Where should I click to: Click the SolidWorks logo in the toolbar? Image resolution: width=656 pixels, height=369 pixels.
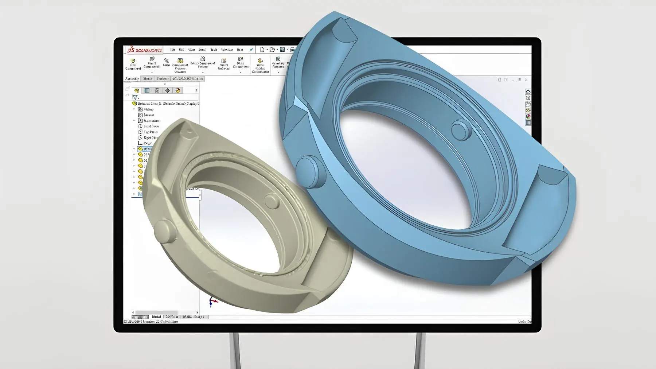(x=145, y=50)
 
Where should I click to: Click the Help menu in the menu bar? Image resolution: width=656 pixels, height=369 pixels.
(x=239, y=50)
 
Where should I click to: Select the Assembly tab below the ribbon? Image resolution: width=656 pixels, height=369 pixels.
(x=132, y=79)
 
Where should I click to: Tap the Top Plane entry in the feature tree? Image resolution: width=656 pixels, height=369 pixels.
(x=150, y=132)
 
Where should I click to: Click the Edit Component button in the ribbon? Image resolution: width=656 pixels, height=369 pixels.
(x=133, y=64)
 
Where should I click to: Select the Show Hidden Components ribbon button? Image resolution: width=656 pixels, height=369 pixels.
(x=260, y=66)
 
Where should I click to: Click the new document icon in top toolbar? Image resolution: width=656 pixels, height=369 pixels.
(x=262, y=50)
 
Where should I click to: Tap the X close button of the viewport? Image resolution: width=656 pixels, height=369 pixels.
(x=526, y=79)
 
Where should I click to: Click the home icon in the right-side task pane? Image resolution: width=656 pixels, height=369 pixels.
(x=528, y=92)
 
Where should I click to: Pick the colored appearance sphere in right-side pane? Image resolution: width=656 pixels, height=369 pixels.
(x=528, y=117)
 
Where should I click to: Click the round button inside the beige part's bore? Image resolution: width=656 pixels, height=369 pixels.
(x=272, y=200)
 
